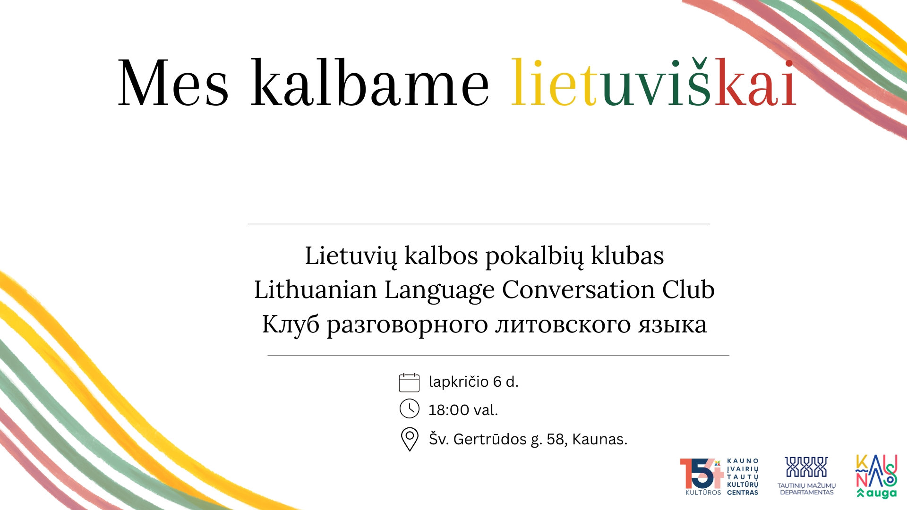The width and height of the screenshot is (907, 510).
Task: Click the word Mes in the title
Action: [173, 84]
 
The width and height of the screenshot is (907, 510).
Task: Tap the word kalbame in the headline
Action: [370, 84]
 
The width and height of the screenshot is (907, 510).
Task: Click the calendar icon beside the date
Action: [409, 382]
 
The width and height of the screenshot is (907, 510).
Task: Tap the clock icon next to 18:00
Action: [409, 409]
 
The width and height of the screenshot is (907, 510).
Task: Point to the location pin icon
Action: [409, 439]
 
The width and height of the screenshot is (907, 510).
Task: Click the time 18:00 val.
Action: [463, 410]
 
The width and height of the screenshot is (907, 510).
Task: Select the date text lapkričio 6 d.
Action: [473, 382]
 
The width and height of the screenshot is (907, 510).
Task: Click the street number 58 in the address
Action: [556, 439]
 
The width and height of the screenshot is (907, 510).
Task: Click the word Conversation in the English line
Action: [578, 289]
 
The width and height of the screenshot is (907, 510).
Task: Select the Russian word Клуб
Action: [291, 324]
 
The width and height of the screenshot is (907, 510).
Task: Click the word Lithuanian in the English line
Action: [315, 289]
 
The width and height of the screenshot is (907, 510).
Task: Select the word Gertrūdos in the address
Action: [489, 439]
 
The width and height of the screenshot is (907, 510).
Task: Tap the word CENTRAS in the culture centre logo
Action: [743, 493]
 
